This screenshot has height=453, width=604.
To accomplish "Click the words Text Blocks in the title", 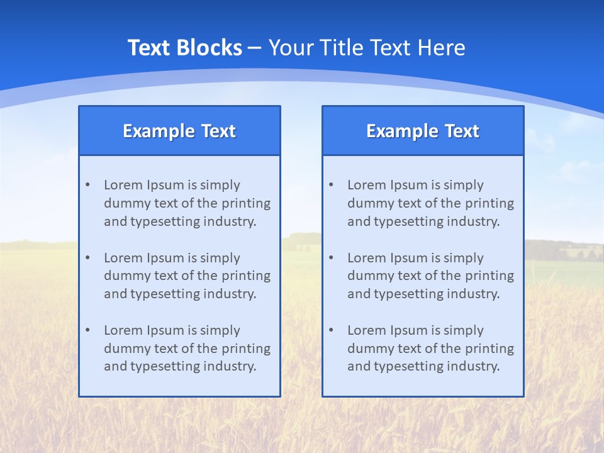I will [x=184, y=48].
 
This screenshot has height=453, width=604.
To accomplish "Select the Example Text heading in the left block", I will [x=179, y=131].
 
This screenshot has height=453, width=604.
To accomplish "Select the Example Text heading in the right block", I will [x=423, y=131].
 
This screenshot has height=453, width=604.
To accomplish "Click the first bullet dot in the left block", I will [x=87, y=185].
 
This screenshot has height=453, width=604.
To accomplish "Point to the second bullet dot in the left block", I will [x=87, y=258].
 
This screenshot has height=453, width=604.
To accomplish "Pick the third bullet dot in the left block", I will [x=87, y=330].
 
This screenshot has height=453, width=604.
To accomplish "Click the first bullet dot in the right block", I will [x=331, y=185].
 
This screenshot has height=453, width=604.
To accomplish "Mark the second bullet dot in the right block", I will [x=331, y=258].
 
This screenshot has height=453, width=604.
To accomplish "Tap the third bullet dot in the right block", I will [x=331, y=330].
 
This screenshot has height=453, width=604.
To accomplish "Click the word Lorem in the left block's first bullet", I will [x=123, y=185].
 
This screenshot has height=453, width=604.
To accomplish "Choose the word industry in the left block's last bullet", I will [x=230, y=367].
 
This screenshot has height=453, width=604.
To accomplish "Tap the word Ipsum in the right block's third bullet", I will [x=409, y=330].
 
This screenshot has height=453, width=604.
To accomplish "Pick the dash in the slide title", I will [x=255, y=48].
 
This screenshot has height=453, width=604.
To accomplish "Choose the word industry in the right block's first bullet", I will [x=474, y=221].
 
